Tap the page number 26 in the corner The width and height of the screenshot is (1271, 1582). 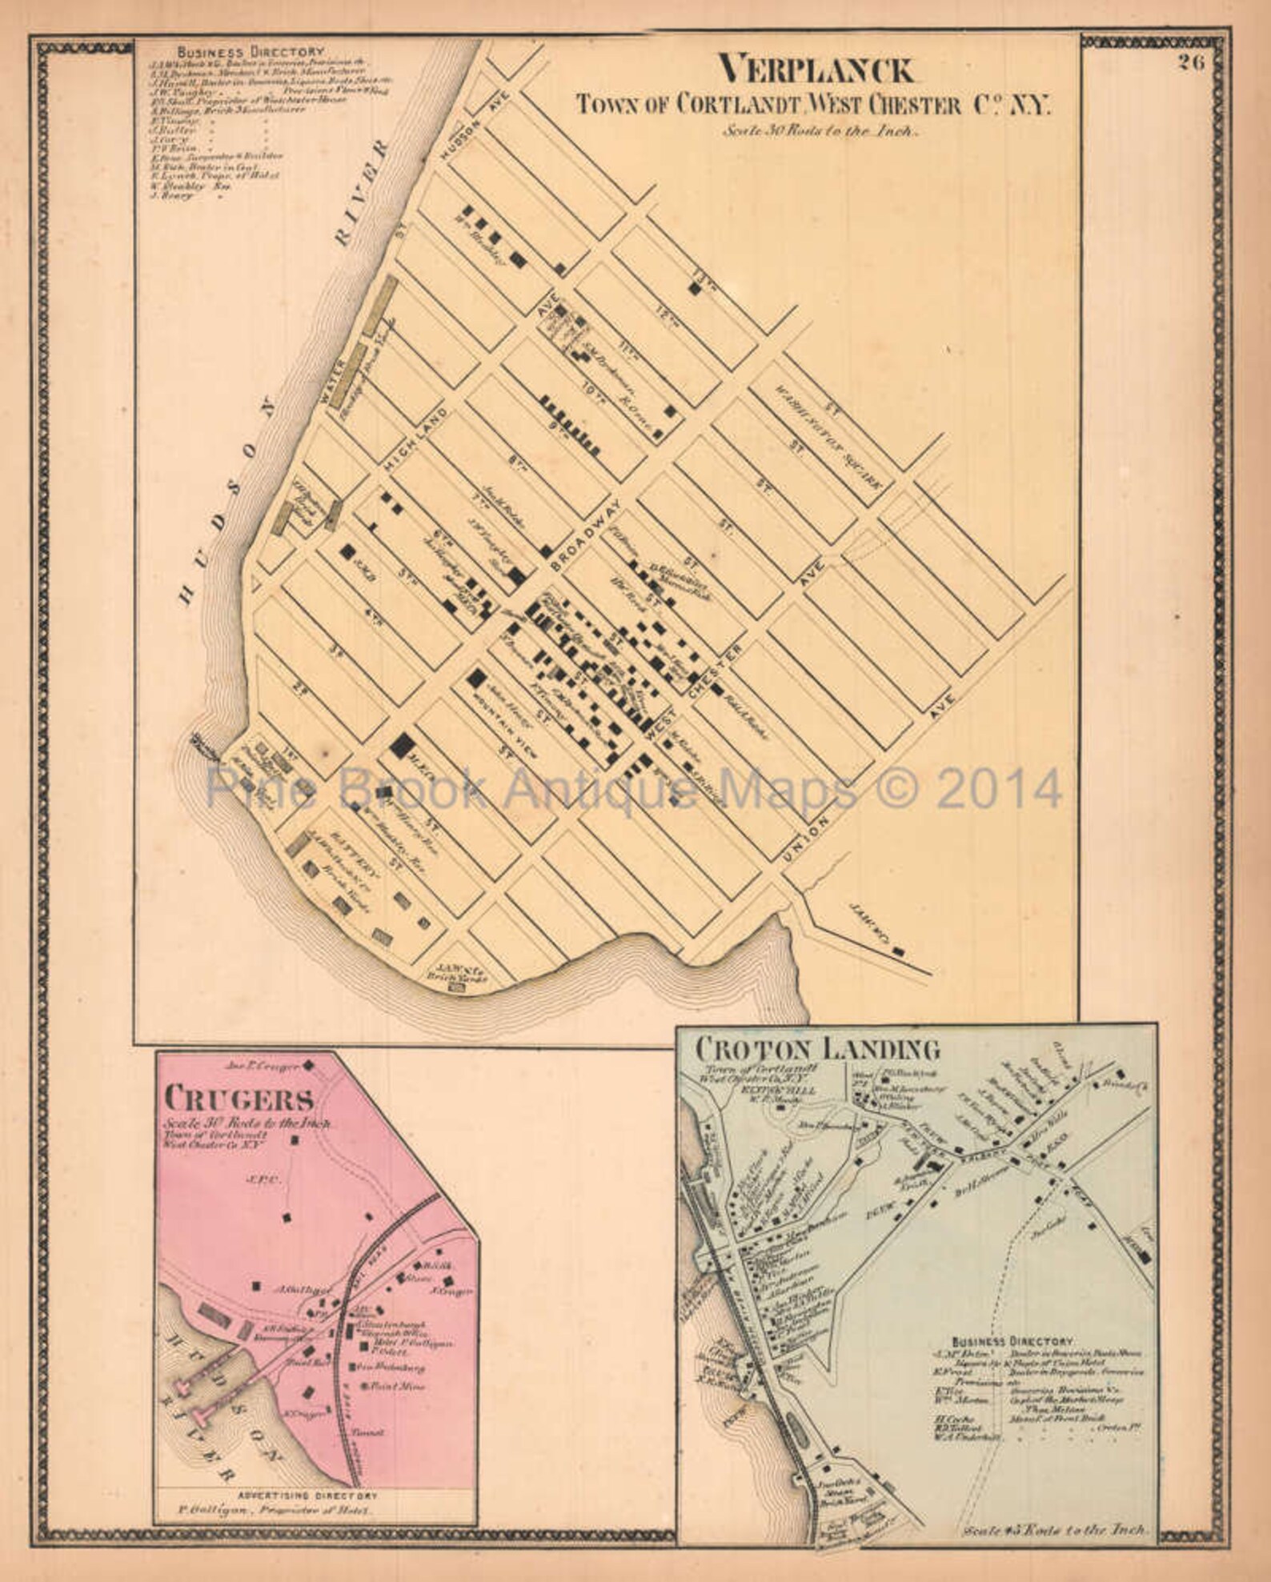click(1190, 65)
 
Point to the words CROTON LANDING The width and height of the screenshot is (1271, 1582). click(816, 1047)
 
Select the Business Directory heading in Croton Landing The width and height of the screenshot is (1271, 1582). click(1012, 1340)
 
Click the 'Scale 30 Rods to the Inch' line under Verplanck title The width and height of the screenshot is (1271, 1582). click(820, 132)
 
